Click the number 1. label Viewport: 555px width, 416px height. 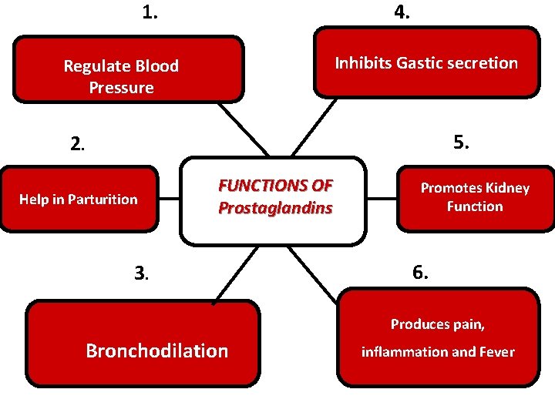click(150, 12)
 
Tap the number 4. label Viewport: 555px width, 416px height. click(402, 12)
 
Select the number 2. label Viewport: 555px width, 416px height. click(78, 143)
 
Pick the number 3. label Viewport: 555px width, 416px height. click(141, 272)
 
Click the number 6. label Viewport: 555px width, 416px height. click(421, 272)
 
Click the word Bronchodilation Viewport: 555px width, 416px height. click(157, 351)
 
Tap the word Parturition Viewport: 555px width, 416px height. click(103, 200)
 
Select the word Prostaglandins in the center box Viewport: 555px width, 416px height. click(275, 208)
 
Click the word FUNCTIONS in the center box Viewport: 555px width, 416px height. click(264, 186)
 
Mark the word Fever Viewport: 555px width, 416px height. click(497, 352)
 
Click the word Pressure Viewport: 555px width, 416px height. click(121, 88)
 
